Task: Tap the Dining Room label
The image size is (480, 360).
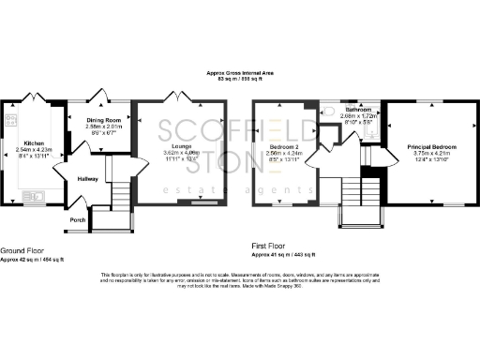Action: coord(105,121)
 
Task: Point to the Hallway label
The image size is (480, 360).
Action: coord(87,178)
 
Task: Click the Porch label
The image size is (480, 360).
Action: coord(77,221)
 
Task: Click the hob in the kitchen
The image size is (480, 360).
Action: coord(11,118)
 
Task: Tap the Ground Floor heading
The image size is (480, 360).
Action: coord(24,250)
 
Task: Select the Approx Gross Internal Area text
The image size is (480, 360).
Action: coord(239,72)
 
